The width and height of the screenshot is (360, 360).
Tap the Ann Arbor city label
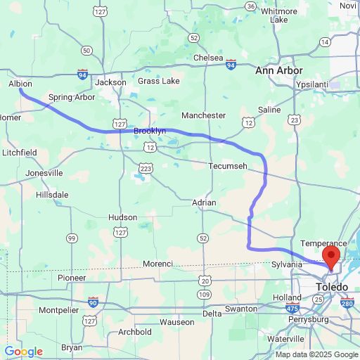279,71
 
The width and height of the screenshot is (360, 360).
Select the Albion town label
20,83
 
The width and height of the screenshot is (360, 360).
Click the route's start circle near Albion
20,91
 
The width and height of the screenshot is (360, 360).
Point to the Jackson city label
111,82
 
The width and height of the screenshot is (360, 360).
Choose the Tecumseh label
228,166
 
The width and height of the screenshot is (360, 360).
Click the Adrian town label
204,202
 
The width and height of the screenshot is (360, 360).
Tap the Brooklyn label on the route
150,131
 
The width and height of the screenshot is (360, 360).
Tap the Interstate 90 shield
93,302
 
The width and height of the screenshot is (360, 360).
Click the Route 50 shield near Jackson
86,50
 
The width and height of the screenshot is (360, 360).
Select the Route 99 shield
72,239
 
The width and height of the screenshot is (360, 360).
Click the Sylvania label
288,265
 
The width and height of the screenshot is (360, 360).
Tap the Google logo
23,352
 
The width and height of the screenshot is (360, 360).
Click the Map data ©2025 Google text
316,354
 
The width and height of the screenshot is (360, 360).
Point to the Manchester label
203,115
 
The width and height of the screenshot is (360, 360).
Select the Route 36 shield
250,6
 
